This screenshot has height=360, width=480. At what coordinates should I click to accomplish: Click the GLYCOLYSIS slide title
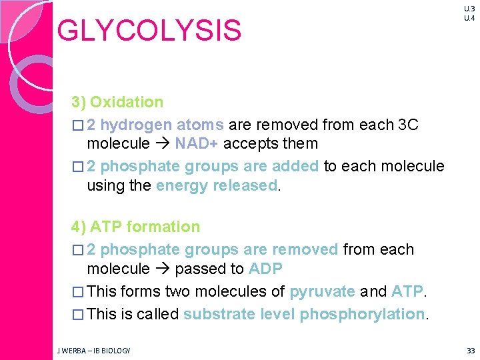[x=149, y=31]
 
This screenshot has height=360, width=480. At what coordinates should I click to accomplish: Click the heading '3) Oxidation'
[x=117, y=102]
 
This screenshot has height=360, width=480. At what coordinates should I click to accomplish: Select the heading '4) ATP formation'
[x=135, y=227]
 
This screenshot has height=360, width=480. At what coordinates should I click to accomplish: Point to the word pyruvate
[x=322, y=292]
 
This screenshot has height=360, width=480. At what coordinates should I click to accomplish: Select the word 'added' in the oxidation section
[x=297, y=167]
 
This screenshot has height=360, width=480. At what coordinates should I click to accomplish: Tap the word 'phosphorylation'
[x=362, y=314]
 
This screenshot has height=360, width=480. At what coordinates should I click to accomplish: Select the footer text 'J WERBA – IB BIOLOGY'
[x=93, y=350]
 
